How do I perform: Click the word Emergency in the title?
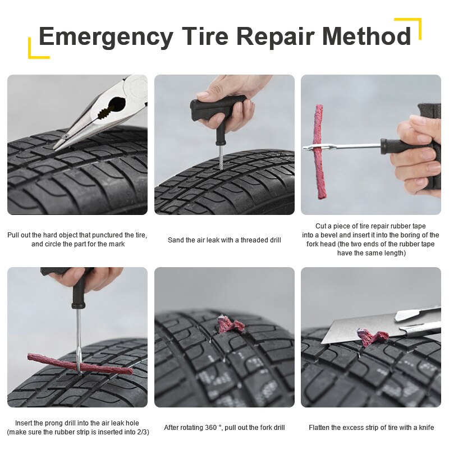pyautogui.click(x=106, y=37)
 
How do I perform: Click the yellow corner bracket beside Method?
pyautogui.click(x=413, y=25)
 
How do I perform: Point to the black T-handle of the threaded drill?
pyautogui.click(x=216, y=107)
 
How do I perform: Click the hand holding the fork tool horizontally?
pyautogui.click(x=418, y=154)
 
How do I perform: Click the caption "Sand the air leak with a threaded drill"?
pyautogui.click(x=224, y=240)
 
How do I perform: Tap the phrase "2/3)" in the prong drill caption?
pyautogui.click(x=141, y=432)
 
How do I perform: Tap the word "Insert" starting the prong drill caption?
pyautogui.click(x=27, y=423)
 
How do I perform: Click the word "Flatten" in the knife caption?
pyautogui.click(x=320, y=428)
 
